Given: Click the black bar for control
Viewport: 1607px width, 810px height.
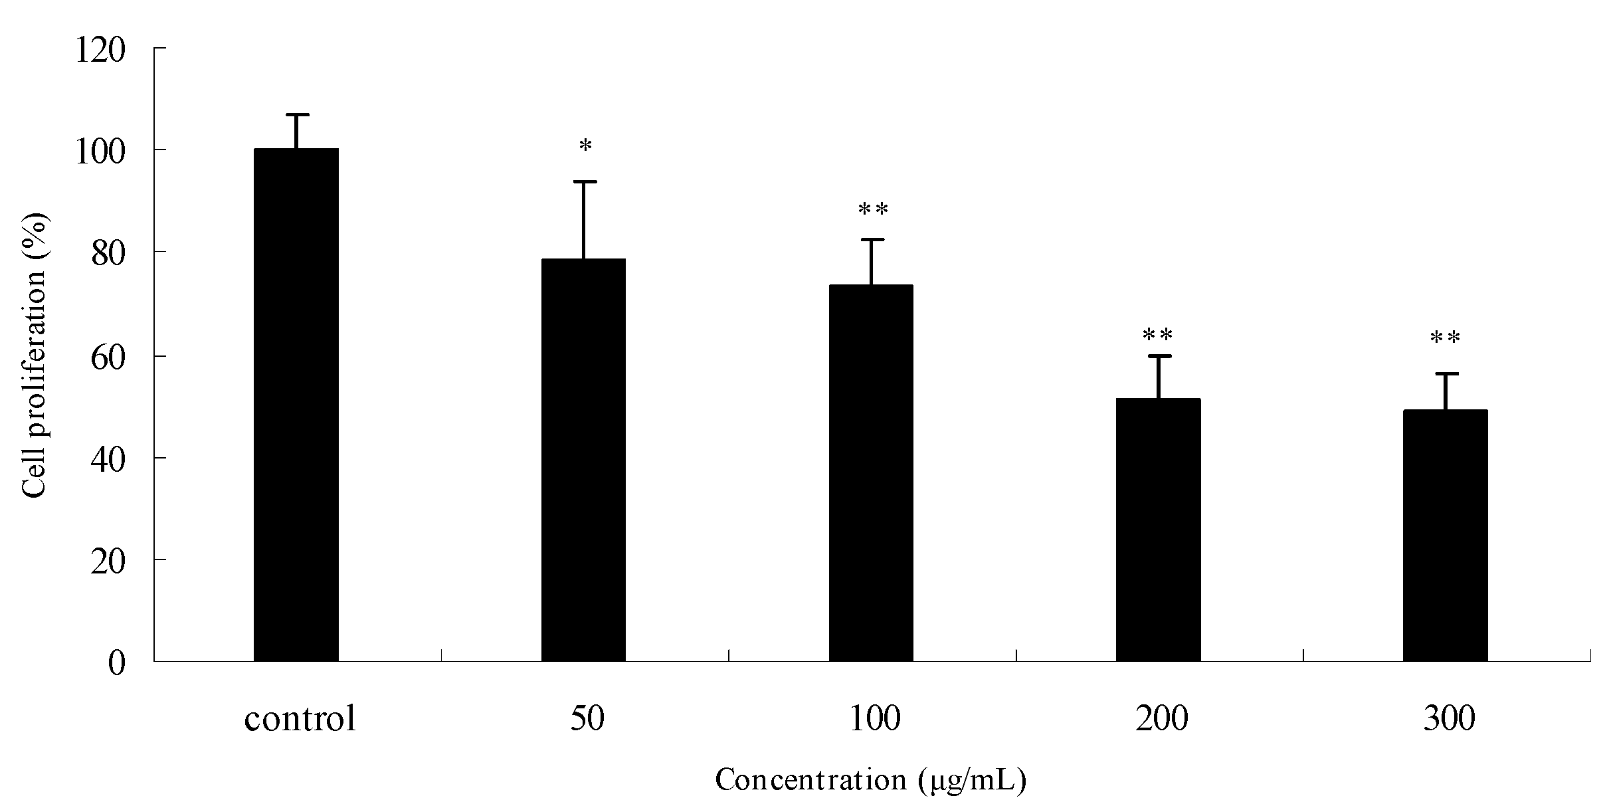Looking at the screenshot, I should pos(296,405).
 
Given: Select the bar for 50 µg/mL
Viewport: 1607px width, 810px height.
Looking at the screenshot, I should pos(583,460).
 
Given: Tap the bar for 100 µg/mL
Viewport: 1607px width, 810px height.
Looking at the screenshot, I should pos(870,472).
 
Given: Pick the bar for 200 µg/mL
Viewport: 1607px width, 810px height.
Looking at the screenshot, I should pos(1158,530).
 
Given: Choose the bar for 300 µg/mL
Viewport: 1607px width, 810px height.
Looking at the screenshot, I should pos(1445,535).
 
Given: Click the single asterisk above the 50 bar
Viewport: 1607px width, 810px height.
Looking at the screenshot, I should pos(585,146).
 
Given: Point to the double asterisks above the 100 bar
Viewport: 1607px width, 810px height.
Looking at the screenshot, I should pos(873,210).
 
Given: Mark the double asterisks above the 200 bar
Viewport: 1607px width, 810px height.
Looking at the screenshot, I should pos(1157,335).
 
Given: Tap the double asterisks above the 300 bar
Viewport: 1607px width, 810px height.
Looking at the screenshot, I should pos(1445,338).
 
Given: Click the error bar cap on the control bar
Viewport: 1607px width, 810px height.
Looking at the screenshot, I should pos(297,115).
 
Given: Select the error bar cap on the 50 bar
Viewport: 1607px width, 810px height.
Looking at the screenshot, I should pos(584,181).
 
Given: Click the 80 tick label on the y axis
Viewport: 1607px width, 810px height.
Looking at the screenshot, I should pos(108,254).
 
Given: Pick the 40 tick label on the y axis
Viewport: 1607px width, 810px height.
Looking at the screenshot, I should pos(108,460).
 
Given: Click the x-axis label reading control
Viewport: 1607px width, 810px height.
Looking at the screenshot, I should pos(300,719).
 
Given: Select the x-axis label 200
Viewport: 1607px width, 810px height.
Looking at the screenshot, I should pos(1161,719).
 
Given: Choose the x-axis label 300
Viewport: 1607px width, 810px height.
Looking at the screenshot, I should pos(1449,719).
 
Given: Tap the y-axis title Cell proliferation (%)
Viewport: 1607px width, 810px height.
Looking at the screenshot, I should pos(35,355).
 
